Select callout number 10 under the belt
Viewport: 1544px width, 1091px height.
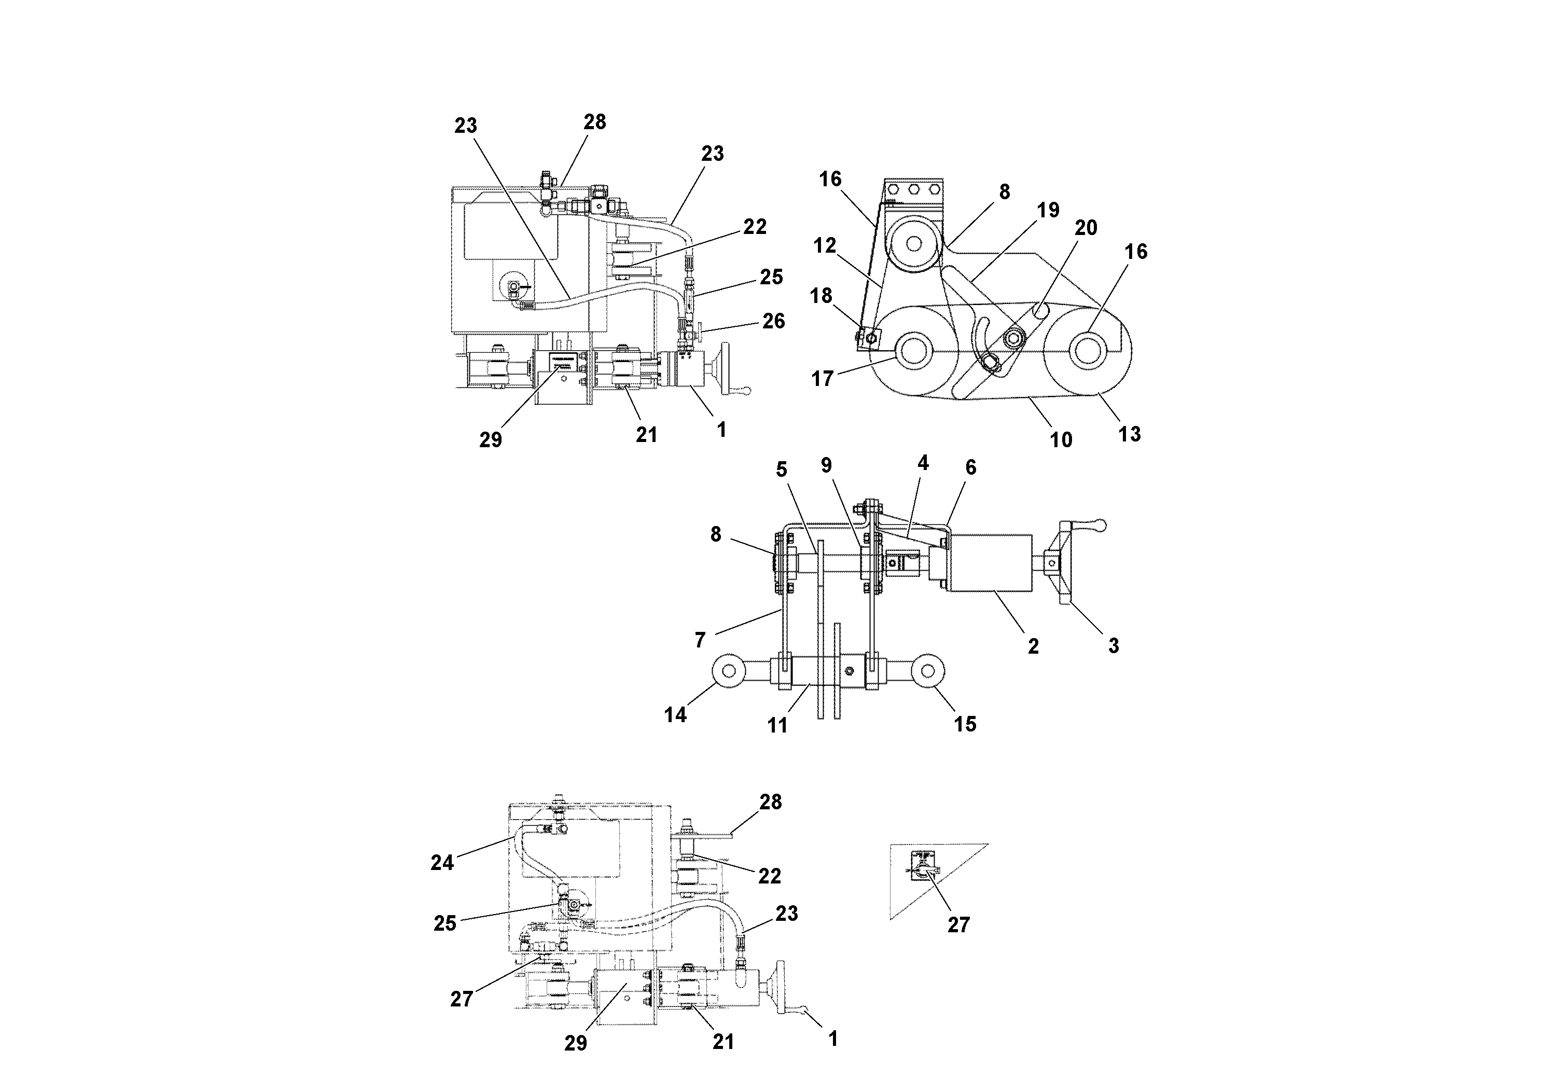(1061, 440)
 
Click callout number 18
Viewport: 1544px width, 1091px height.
(821, 296)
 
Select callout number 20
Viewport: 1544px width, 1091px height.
(1086, 228)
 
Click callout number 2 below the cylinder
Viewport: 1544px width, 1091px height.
(1033, 646)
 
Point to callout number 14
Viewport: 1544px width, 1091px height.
(675, 714)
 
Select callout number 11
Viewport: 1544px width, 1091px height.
(777, 725)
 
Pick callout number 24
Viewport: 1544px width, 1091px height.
(442, 862)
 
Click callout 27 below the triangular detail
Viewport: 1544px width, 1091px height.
(958, 925)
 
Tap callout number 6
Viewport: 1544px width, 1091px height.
(970, 467)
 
